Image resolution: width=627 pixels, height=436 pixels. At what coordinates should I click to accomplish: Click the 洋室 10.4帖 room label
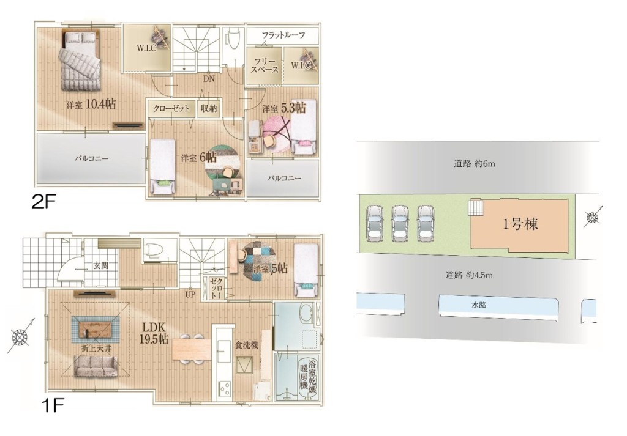[x=91, y=105]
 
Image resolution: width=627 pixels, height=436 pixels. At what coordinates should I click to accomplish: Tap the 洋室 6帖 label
[x=198, y=158]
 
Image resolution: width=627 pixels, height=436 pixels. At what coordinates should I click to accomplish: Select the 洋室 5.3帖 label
[x=284, y=108]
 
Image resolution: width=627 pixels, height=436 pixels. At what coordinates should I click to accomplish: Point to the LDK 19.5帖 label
[x=154, y=333]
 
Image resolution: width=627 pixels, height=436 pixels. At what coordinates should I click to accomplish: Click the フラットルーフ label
[x=283, y=35]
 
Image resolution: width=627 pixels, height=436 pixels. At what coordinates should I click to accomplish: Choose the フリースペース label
[x=265, y=65]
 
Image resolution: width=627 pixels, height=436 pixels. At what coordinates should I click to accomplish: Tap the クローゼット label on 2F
[x=171, y=108]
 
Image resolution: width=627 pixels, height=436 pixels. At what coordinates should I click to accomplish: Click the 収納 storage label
[x=209, y=108]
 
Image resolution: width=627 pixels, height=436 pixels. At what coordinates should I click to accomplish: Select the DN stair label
[x=209, y=79]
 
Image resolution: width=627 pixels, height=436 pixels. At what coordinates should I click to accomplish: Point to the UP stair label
[x=190, y=295]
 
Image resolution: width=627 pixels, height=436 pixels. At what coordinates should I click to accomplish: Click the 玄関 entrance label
[x=101, y=265]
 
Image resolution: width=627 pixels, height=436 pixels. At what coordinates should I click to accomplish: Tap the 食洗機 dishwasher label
[x=246, y=345]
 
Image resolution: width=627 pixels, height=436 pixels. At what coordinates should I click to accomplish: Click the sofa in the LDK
[x=96, y=365]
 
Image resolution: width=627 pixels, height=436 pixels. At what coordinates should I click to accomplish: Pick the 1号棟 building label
[x=520, y=224]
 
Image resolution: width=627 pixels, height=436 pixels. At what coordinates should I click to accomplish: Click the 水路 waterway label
[x=479, y=305]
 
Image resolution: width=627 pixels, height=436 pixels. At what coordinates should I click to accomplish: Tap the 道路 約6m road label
[x=475, y=163]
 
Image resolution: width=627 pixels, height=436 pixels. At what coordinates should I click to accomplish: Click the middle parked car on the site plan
[x=400, y=223]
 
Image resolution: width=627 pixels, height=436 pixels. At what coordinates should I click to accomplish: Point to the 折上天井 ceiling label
[x=96, y=348]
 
